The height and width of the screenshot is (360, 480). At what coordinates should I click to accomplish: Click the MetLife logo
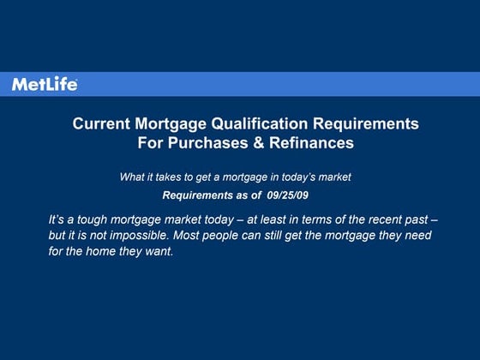coord(45,84)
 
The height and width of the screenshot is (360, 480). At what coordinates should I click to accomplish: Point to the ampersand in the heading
coord(257,143)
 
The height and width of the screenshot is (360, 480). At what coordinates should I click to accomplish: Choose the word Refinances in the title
coord(311,143)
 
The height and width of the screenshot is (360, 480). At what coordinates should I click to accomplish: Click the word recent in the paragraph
coord(371,219)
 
